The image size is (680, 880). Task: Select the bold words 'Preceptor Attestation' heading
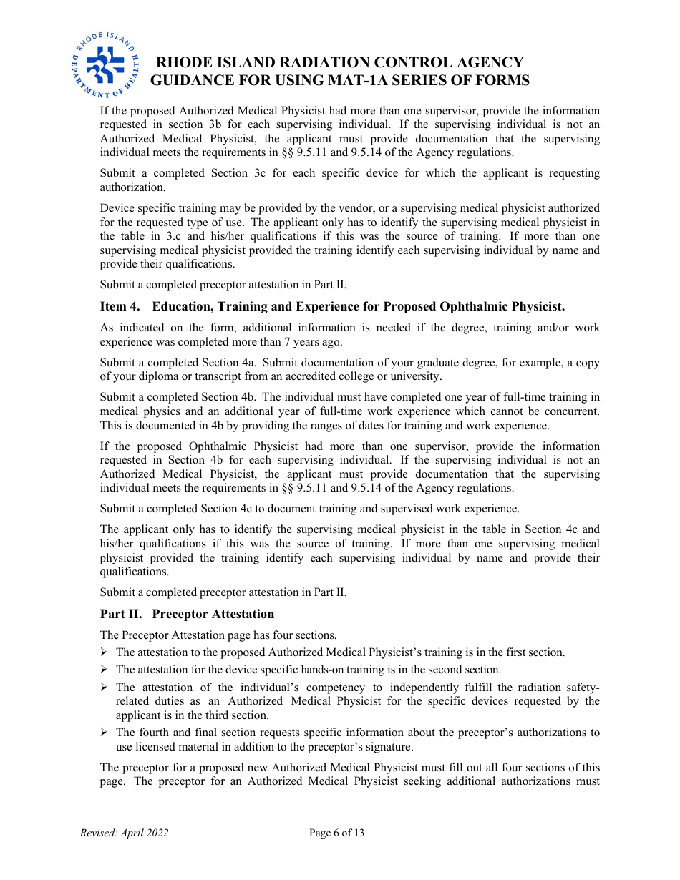pos(213,614)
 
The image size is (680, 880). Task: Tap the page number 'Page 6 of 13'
pos(337,833)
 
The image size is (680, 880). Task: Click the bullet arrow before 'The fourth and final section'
pos(104,732)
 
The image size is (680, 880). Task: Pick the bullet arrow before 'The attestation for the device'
pos(104,670)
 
